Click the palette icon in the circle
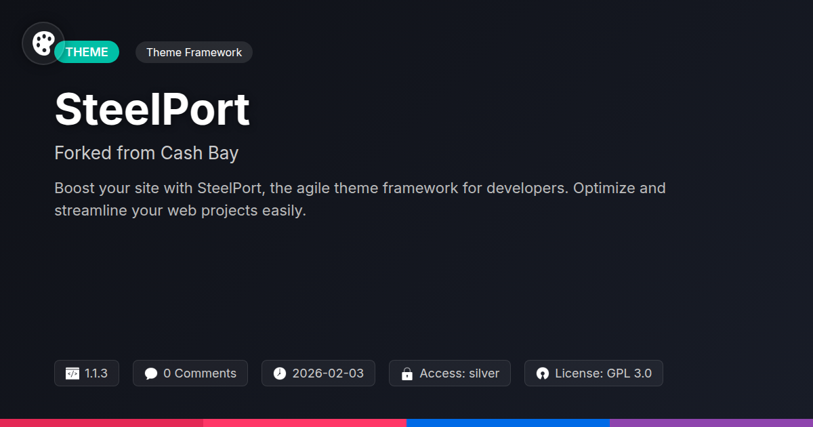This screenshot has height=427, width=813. [x=43, y=43]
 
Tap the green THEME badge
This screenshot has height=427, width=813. [x=87, y=52]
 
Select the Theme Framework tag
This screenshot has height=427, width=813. [x=194, y=52]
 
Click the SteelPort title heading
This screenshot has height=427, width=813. [x=152, y=109]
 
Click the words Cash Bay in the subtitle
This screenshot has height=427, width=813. [x=200, y=153]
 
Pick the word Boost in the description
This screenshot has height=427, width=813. [x=75, y=188]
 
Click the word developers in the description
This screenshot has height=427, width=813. [x=527, y=188]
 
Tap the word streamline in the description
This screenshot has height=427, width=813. [x=91, y=211]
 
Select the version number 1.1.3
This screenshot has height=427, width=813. [x=96, y=373]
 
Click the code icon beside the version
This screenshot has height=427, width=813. [x=72, y=373]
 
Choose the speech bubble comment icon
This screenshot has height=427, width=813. [x=151, y=373]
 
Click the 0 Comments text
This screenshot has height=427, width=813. [x=200, y=373]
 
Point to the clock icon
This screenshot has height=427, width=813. [x=280, y=373]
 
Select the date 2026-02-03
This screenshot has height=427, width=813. [x=328, y=373]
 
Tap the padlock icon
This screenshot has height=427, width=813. [x=407, y=373]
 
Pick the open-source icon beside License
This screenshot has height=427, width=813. [x=543, y=373]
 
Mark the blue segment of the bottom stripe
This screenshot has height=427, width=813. [x=508, y=423]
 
